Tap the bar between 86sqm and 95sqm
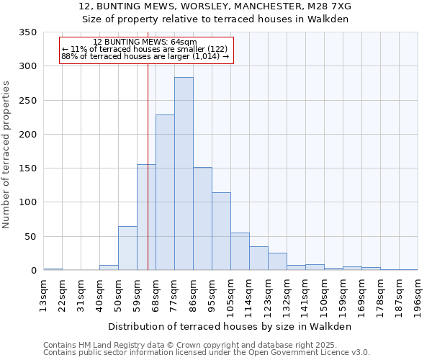coord(202,219)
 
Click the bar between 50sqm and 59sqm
coord(127,248)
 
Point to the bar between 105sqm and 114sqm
coord(240,252)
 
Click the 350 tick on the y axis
coord(28,32)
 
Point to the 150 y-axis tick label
coord(28,168)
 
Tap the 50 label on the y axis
coord(31,237)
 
